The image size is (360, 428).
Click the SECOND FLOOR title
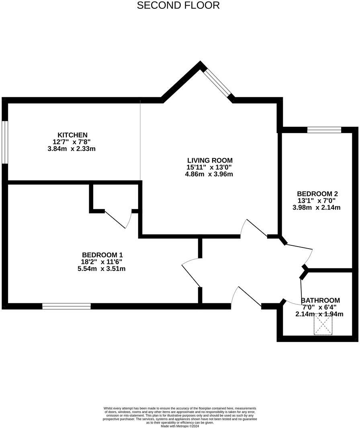[x=178, y=6]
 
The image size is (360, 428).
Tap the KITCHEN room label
[x=72, y=135]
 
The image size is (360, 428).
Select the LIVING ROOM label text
[x=209, y=160]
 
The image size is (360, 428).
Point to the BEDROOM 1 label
[x=102, y=255]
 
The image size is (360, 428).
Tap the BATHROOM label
[x=320, y=300]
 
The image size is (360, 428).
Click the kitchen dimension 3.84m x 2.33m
[x=72, y=149]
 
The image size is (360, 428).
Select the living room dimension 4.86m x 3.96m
[x=209, y=174]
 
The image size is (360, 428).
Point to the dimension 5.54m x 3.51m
[x=102, y=269]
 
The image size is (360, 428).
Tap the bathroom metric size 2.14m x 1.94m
[x=319, y=314]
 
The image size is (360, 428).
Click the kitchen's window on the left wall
[x=5, y=142]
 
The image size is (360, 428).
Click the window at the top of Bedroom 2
[x=324, y=130]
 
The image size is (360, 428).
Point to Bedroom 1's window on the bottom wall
[x=66, y=306]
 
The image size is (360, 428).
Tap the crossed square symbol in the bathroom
[x=323, y=325]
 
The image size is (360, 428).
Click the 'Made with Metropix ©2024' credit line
[x=180, y=426]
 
